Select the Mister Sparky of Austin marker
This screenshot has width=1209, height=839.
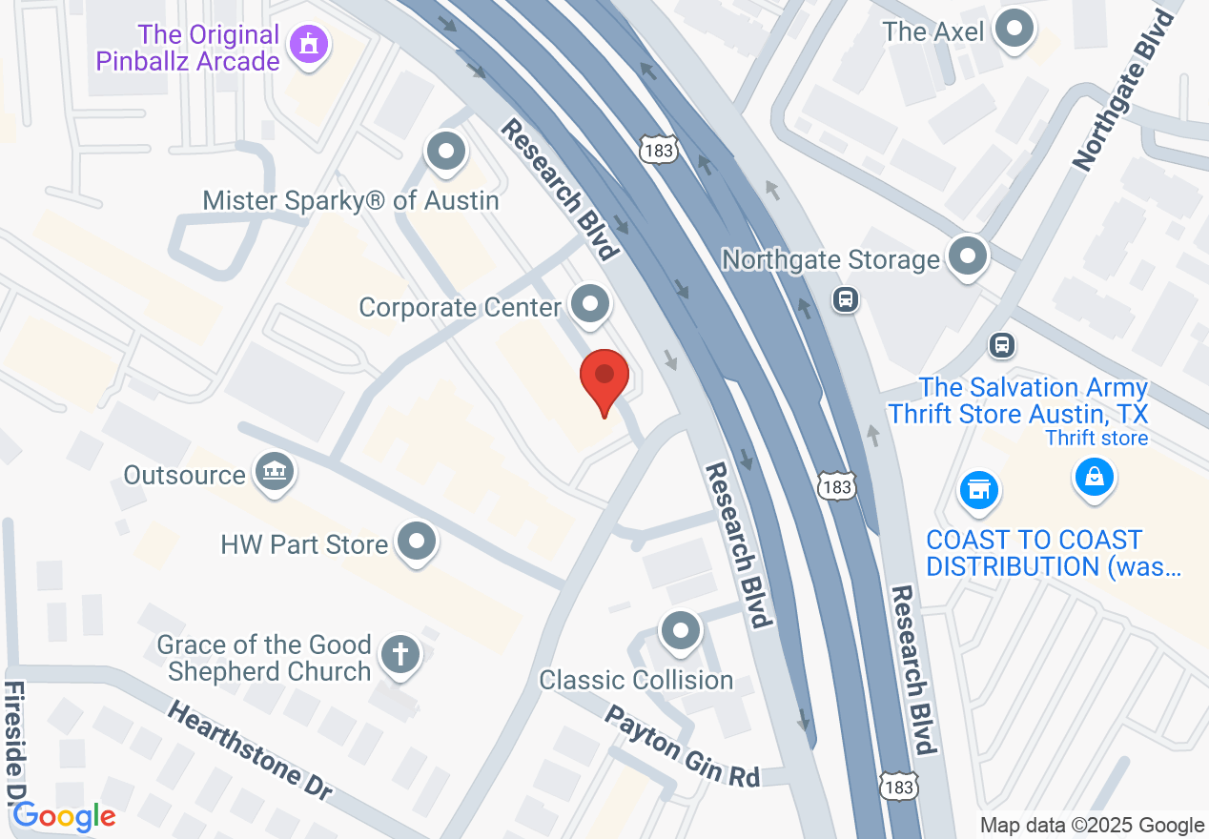click(x=445, y=153)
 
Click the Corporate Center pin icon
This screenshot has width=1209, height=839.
click(x=589, y=306)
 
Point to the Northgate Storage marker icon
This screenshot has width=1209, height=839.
click(x=969, y=257)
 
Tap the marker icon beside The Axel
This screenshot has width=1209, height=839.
click(x=1014, y=30)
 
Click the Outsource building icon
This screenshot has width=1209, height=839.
click(x=275, y=473)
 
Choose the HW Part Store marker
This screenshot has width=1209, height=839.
click(x=416, y=543)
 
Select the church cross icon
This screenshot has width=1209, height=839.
click(x=400, y=656)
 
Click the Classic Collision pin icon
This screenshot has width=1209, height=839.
click(x=681, y=631)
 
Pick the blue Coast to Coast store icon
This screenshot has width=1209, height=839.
click(x=978, y=490)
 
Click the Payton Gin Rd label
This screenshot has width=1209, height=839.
click(x=683, y=747)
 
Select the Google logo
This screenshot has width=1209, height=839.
click(x=64, y=816)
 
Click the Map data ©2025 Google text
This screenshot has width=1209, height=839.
click(x=1093, y=825)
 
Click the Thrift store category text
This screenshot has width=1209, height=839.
click(x=1096, y=439)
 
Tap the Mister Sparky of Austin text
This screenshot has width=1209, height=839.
click(x=351, y=201)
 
